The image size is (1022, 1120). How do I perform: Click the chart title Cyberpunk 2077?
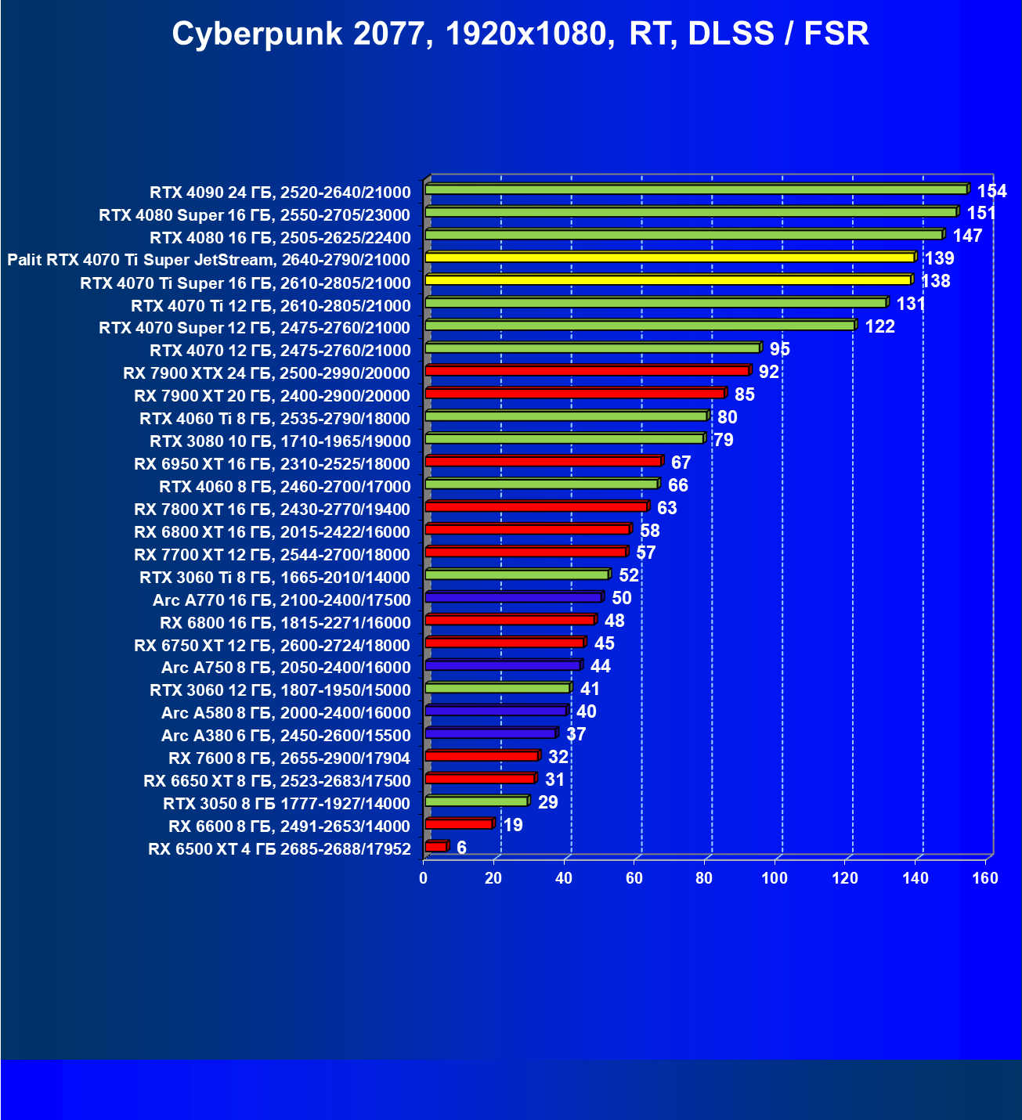click(520, 34)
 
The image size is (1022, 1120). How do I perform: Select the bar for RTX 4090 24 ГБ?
click(696, 189)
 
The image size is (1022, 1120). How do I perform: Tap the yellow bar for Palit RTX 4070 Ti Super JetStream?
click(670, 257)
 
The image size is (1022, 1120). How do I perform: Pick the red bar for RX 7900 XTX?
click(587, 370)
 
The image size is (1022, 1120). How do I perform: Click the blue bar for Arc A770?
click(514, 597)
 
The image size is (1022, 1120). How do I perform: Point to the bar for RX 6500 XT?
click(436, 847)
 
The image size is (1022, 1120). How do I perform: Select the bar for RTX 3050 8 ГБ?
click(477, 801)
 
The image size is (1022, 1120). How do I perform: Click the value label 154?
click(991, 191)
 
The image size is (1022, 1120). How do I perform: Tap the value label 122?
click(879, 326)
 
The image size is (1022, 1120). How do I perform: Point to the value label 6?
click(461, 848)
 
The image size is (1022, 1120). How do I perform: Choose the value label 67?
click(681, 463)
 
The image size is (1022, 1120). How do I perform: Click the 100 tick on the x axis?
click(775, 878)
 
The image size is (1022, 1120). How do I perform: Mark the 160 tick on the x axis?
click(985, 878)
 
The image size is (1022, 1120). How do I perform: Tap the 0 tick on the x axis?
click(424, 878)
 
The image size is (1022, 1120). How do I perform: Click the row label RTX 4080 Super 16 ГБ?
click(255, 215)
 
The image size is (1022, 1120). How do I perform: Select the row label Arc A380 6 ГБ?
click(286, 736)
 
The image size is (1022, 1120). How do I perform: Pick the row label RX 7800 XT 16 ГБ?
click(272, 510)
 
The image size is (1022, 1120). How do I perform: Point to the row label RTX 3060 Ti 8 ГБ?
click(275, 578)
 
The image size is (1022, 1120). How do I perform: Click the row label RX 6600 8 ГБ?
click(289, 826)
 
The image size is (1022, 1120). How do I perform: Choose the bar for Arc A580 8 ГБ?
click(496, 711)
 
